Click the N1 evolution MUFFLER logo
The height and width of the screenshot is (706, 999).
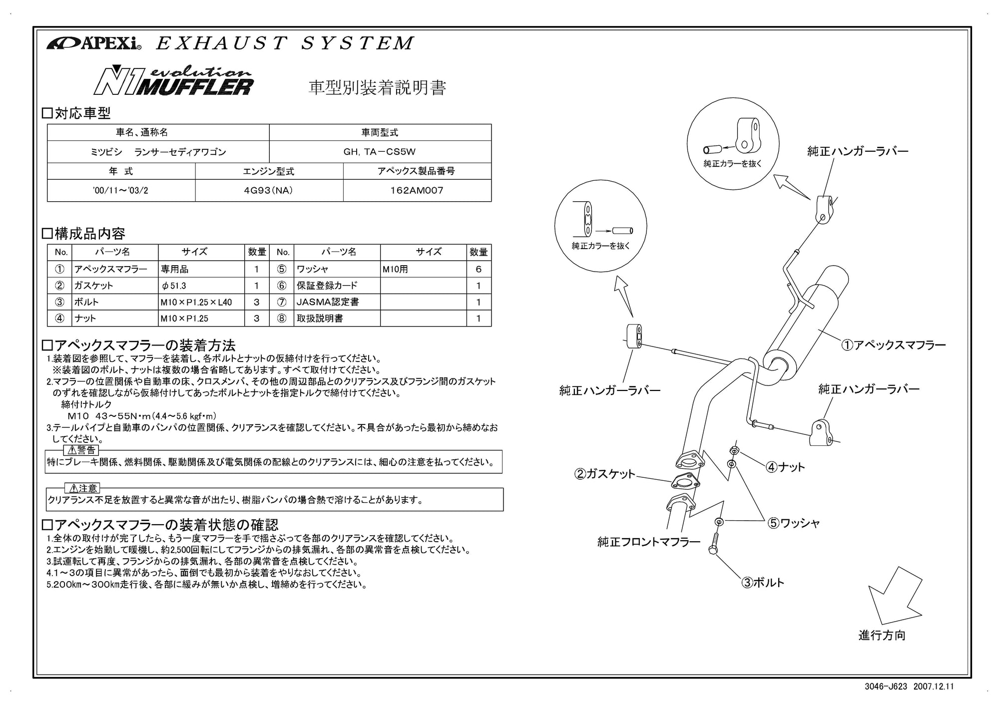point(173,81)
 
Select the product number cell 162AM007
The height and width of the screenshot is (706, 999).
point(417,190)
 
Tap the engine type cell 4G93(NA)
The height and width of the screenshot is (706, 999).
point(269,190)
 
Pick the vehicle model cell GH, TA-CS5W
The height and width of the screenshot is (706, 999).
point(380,152)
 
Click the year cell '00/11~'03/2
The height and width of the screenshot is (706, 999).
point(121,190)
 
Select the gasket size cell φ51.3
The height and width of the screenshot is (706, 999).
point(201,286)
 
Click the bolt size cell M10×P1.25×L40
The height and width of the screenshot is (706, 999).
point(201,302)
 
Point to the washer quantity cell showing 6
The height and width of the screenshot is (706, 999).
point(479,269)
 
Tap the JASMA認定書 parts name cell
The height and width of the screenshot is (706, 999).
point(338,302)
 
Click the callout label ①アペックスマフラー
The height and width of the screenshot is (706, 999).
point(894,345)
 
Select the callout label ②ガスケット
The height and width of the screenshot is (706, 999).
point(605,474)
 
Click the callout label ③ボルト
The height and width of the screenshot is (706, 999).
point(763,582)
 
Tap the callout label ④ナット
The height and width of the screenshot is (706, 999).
point(785,467)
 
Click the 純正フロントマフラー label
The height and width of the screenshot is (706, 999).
point(648,542)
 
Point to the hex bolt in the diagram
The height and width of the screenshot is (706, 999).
point(714,545)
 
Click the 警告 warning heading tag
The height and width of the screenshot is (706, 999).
point(82,450)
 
